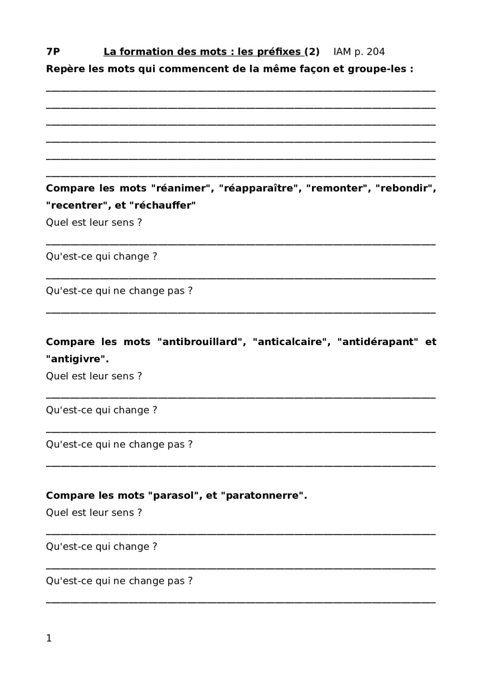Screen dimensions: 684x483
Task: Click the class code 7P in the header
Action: [53, 52]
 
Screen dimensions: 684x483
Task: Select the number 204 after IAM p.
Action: [376, 52]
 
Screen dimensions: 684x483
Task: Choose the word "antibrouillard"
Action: [199, 342]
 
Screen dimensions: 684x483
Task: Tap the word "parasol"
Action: [173, 495]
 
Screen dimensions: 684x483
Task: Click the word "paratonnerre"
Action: [262, 495]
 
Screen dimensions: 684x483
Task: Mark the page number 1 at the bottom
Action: [49, 638]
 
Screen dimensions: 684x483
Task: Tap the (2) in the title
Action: [312, 52]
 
